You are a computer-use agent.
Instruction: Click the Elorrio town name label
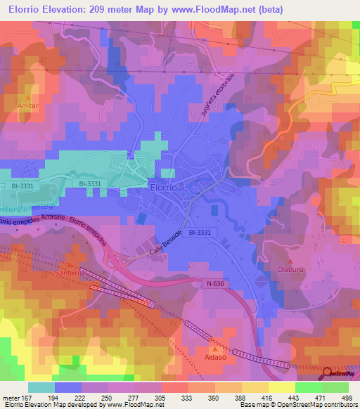click(166, 188)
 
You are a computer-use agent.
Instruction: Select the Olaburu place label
click(291, 268)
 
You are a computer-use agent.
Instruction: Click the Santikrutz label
click(70, 272)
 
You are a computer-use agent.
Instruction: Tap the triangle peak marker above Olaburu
click(290, 258)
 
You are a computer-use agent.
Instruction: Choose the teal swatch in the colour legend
click(41, 388)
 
